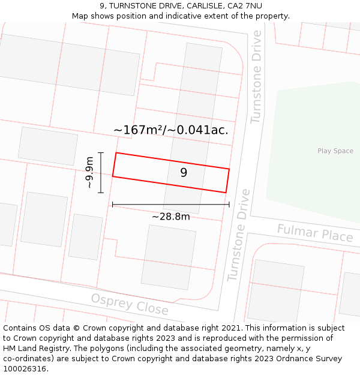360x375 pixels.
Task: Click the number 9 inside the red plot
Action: pos(184,173)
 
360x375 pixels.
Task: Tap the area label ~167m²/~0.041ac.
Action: pos(171,130)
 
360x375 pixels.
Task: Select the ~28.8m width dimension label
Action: pos(170,217)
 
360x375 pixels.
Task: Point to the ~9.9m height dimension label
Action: pos(89,173)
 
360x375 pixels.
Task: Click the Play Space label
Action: pos(335,151)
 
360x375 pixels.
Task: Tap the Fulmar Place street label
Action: pos(315,233)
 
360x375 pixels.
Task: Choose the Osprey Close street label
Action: pos(130,304)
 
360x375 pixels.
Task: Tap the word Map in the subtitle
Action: pos(80,16)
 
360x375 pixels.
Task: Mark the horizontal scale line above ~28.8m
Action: pos(170,205)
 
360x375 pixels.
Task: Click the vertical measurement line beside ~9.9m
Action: pos(101,173)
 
